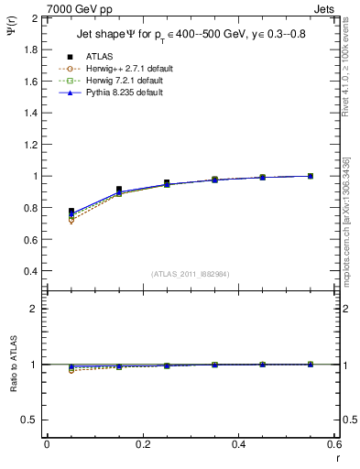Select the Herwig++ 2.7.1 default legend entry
pos(119,69)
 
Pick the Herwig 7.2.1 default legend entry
pos(117,81)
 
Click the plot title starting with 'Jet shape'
pos(191,37)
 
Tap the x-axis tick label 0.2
pos(142,444)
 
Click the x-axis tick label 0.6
pos(334,444)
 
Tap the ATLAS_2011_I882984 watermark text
pos(189,274)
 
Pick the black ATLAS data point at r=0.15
pos(119,190)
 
